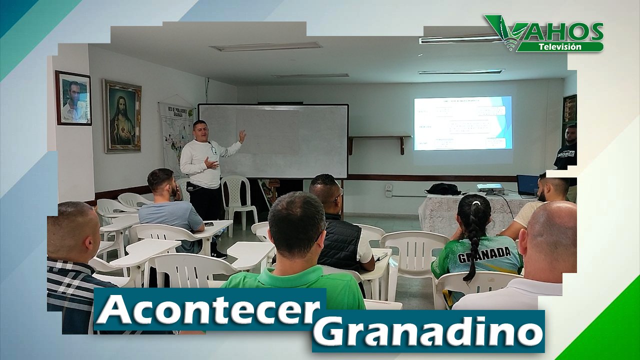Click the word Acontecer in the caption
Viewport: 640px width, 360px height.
pos(207,310)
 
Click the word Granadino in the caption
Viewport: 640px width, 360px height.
pos(428,331)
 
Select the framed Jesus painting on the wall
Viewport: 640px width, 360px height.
pos(122,116)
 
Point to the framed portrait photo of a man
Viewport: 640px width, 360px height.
pos(73,98)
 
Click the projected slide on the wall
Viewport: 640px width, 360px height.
pos(462,123)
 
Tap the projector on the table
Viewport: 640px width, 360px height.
pos(490,188)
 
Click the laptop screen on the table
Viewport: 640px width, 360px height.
pos(527,184)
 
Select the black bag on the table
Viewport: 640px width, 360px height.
pos(443,189)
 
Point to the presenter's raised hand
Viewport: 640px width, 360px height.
pos(242,135)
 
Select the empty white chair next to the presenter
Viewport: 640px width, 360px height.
pos(238,198)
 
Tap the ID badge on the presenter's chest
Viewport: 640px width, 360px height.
pos(213,149)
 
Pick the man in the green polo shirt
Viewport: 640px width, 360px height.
pos(295,255)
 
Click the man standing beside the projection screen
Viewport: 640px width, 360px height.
pos(567,150)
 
